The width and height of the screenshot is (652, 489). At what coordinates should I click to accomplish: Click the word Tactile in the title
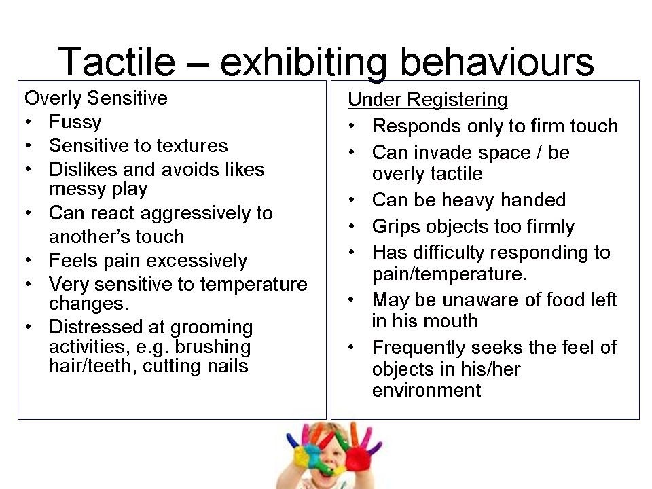[x=117, y=62]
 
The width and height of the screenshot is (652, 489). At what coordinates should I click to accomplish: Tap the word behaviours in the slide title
[x=496, y=62]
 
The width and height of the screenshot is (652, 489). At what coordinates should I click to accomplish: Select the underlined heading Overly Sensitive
[x=96, y=98]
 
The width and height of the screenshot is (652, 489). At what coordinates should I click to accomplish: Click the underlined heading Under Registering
[x=428, y=100]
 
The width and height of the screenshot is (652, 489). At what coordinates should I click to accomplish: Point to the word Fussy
[x=75, y=122]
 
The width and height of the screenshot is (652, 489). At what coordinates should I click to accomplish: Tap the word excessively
[x=197, y=261]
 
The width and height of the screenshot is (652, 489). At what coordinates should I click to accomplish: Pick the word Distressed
[x=96, y=327]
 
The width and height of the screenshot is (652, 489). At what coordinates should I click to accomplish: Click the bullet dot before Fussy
[x=29, y=122]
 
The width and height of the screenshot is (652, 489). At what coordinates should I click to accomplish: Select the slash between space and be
[x=539, y=152]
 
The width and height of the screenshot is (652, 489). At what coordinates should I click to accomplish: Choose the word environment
[x=427, y=390]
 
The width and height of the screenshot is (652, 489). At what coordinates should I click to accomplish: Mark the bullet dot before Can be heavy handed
[x=352, y=200]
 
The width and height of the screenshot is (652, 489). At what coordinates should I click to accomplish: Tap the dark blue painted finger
[x=292, y=440]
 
